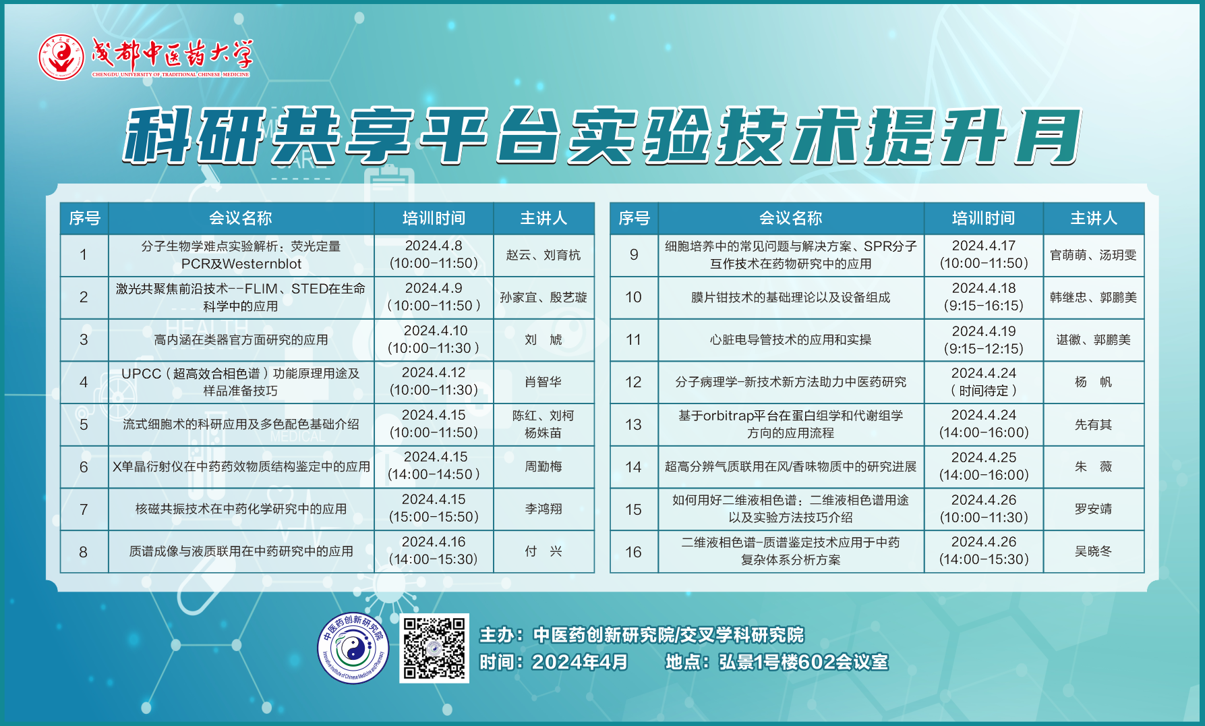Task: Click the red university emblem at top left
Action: [61, 57]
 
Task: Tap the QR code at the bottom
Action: [434, 648]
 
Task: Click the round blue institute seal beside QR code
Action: [353, 648]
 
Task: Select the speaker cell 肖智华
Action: [543, 382]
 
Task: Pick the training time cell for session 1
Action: [434, 255]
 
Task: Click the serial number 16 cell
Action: [634, 552]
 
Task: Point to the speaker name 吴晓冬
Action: [1093, 551]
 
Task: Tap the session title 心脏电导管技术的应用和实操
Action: [790, 339]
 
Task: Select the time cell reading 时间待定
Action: [984, 382]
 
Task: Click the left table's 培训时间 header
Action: [434, 218]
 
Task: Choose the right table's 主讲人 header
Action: [1094, 218]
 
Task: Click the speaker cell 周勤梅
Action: [543, 467]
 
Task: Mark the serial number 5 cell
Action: [84, 424]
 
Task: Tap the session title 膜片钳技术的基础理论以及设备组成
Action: [790, 297]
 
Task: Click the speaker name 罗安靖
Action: [1093, 509]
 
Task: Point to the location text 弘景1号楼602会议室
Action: [803, 662]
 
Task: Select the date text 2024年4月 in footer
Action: [579, 662]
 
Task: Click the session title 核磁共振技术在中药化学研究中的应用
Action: [241, 509]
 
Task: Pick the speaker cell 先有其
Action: [1094, 424]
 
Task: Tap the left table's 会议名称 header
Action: [241, 218]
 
